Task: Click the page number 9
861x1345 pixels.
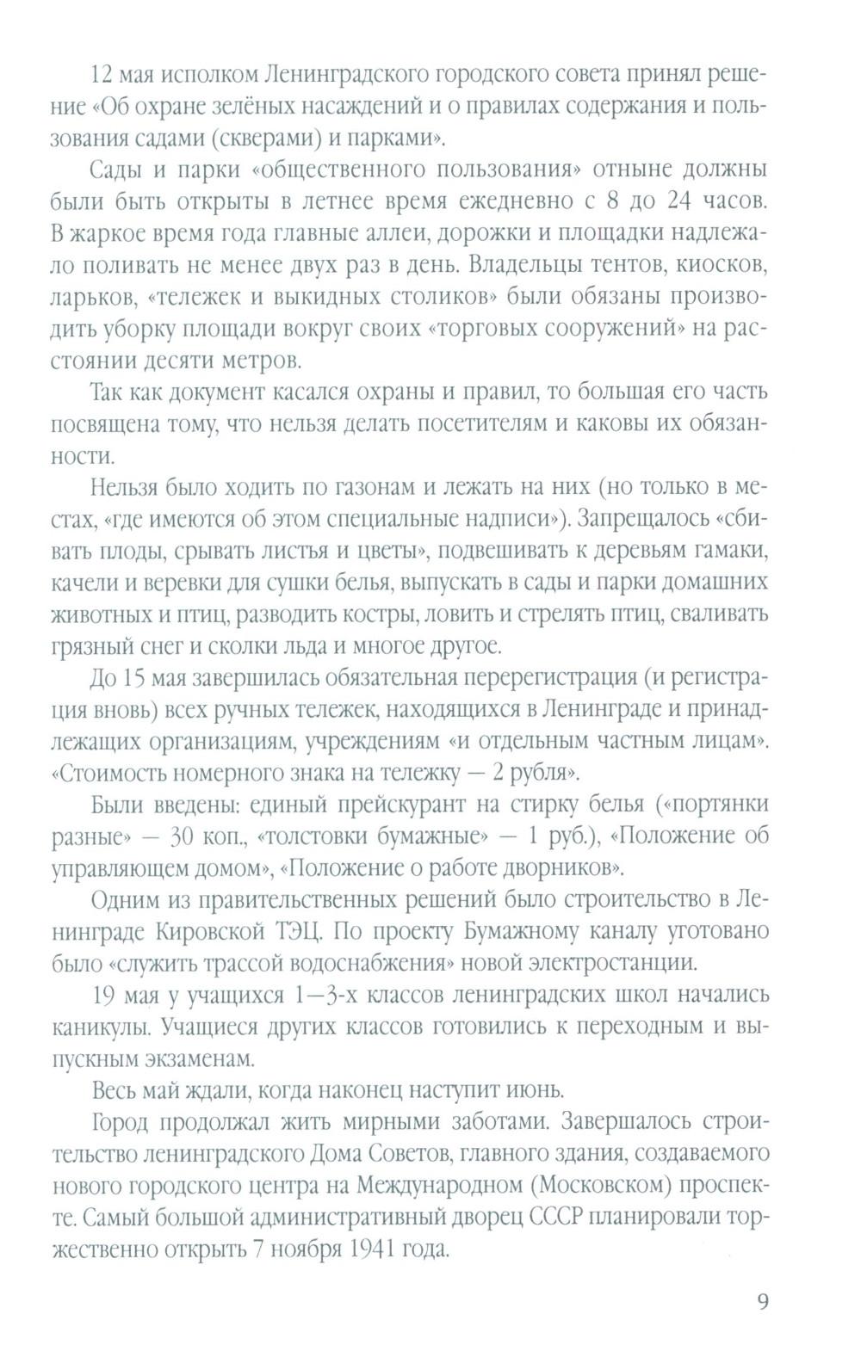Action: click(x=763, y=1300)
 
